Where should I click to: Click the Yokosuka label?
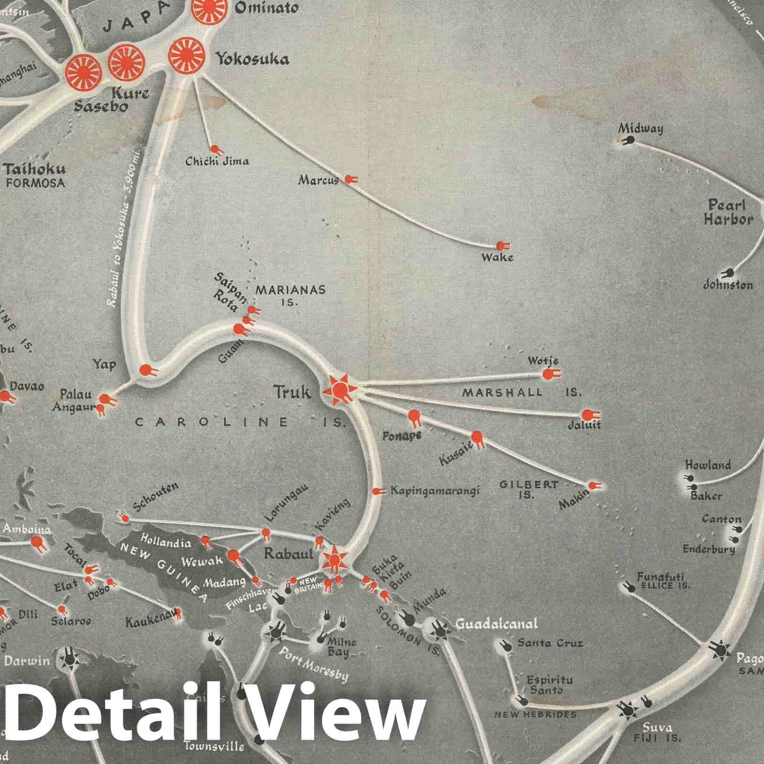pyautogui.click(x=252, y=59)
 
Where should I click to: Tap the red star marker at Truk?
pyautogui.click(x=340, y=391)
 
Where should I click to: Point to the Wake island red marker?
pyautogui.click(x=501, y=246)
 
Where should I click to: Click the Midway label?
pyautogui.click(x=640, y=128)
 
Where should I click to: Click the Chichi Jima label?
pyautogui.click(x=217, y=161)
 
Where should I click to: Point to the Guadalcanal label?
pyautogui.click(x=497, y=624)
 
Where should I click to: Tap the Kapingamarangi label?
pyautogui.click(x=435, y=490)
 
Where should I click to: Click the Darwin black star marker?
pyautogui.click(x=70, y=660)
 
